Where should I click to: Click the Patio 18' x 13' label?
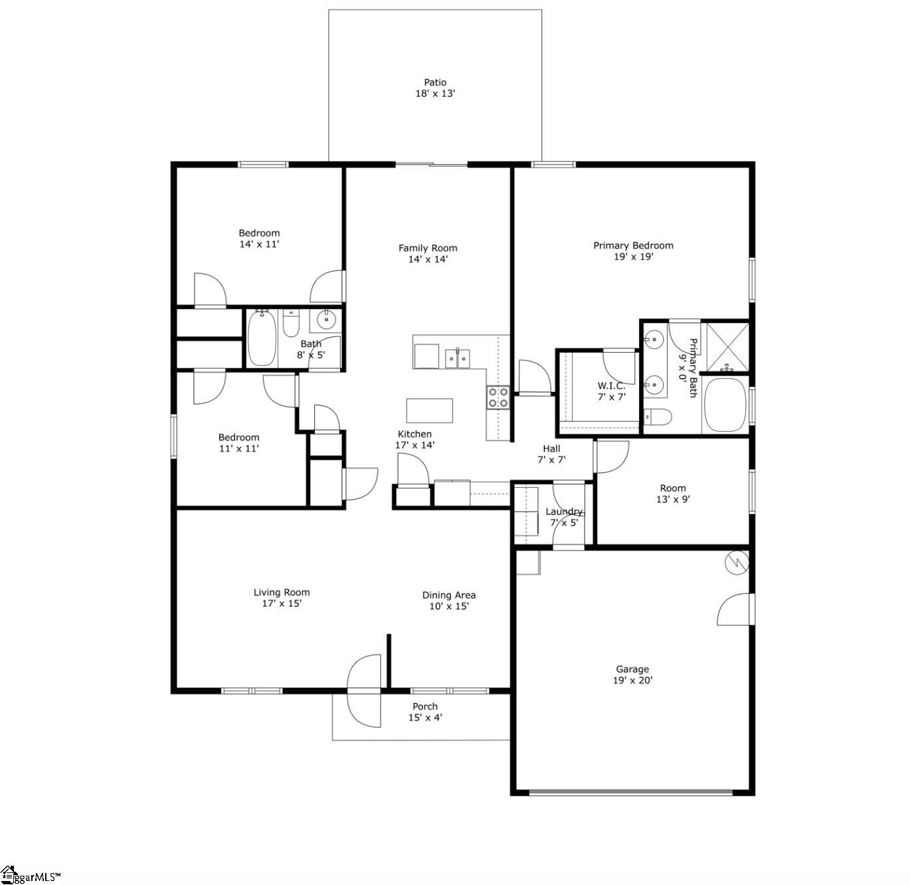point(435,88)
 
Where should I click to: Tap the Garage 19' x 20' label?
point(632,675)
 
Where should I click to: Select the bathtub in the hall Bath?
point(262,338)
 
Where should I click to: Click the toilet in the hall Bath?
point(291,324)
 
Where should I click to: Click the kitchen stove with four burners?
point(498,397)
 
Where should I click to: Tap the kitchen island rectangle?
point(429,410)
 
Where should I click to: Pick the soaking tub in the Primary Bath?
point(725,405)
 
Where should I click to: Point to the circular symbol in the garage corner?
point(737,563)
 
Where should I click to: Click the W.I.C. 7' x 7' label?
point(612,391)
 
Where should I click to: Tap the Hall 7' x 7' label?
point(551,454)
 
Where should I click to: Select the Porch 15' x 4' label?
point(424,712)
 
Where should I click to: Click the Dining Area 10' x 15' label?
point(449,601)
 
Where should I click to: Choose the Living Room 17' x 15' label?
point(282,598)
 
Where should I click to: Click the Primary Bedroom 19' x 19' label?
point(633,250)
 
